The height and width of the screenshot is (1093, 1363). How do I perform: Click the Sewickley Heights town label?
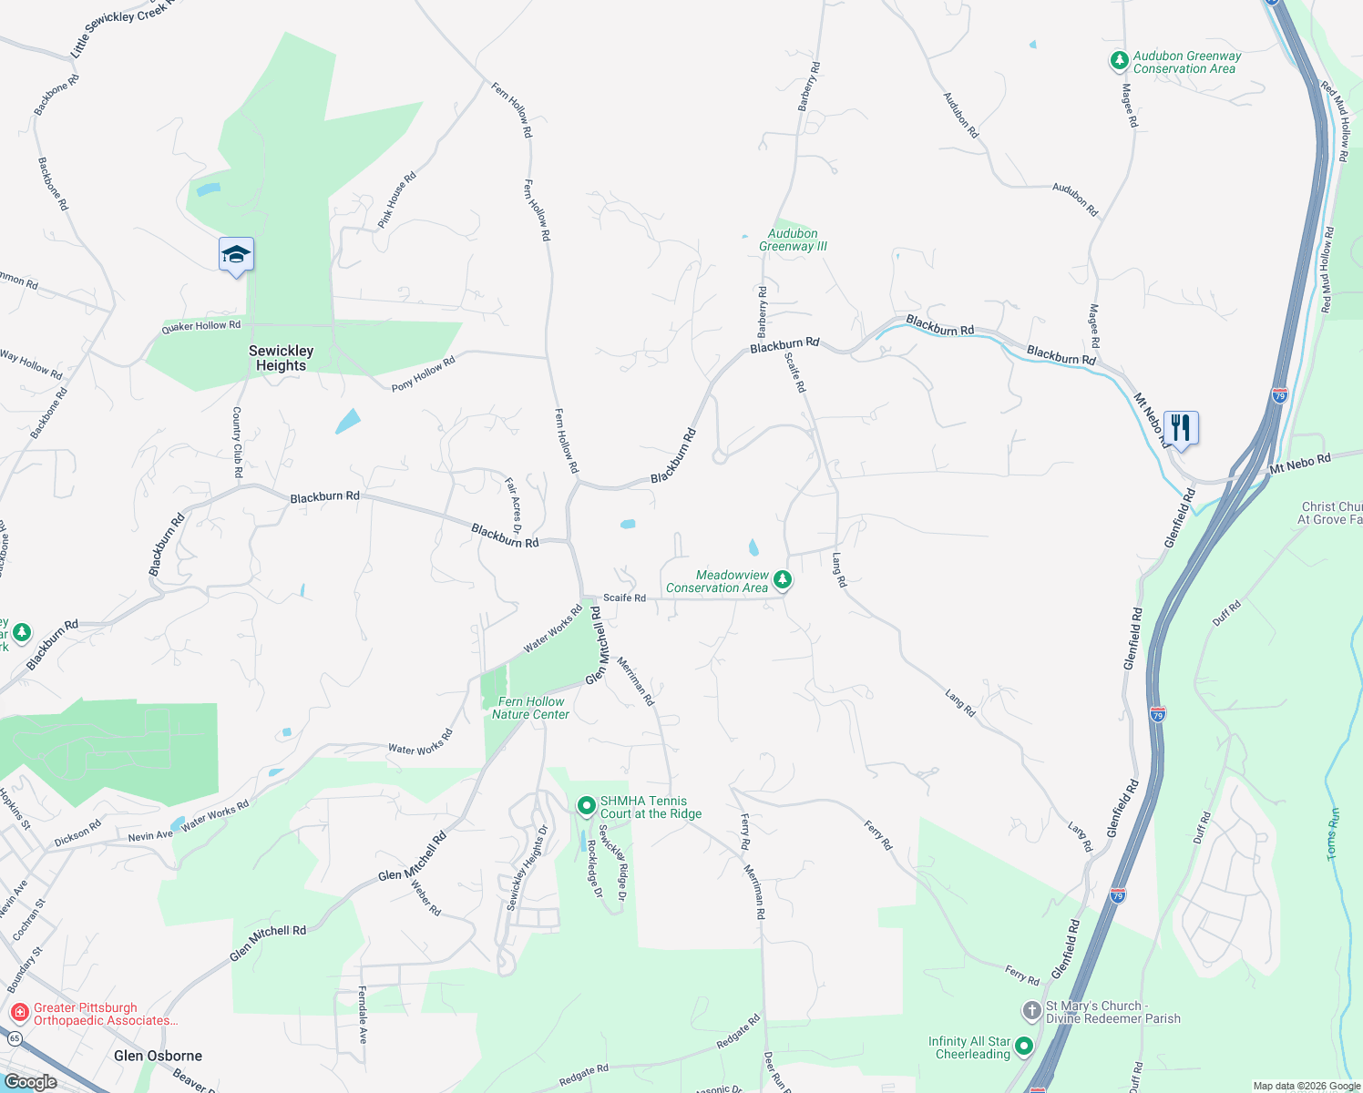(281, 358)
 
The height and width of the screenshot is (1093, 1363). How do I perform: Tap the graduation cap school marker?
(236, 254)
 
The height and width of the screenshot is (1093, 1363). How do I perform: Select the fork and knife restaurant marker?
(1181, 426)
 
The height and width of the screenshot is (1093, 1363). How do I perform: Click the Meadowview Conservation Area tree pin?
(782, 579)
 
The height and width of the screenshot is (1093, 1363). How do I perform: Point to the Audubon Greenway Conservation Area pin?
(1119, 61)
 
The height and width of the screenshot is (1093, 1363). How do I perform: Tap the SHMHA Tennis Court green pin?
(587, 806)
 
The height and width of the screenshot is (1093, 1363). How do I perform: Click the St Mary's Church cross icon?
(1031, 1010)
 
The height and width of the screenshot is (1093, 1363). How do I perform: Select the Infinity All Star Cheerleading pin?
(1024, 1047)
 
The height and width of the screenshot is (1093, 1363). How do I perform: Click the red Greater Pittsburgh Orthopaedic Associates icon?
(19, 1013)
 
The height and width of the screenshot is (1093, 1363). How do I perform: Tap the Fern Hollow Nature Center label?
(530, 708)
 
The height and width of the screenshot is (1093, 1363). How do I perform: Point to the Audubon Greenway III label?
(793, 240)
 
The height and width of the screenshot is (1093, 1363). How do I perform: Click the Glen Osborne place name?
(159, 1056)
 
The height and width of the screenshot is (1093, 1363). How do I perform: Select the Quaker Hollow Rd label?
(201, 326)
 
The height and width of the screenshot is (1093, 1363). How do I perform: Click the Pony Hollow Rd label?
(423, 374)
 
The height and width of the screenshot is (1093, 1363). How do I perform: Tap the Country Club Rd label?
(237, 442)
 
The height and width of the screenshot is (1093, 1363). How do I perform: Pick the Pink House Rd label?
(396, 199)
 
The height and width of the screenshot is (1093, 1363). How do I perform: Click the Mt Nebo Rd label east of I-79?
(1300, 463)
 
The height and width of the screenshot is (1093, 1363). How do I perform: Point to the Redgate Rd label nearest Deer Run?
(737, 1032)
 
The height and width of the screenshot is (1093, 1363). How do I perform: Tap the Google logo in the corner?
(30, 1081)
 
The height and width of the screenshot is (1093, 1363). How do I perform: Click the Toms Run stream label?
(1333, 833)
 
